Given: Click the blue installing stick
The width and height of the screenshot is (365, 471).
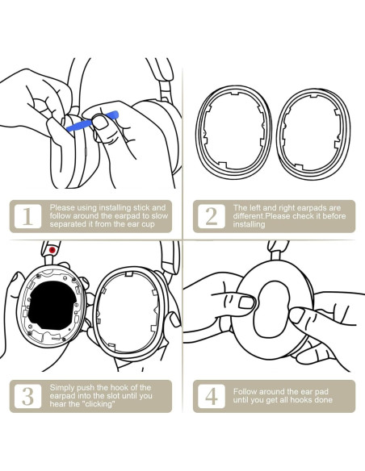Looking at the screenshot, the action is click(92, 121).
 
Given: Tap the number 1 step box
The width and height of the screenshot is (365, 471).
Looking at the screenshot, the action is click(27, 216).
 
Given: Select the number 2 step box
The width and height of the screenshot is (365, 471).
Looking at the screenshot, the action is click(212, 216).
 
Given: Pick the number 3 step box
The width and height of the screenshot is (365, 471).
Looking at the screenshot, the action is click(27, 396).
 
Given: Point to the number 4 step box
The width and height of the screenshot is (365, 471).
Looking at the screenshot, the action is click(212, 396).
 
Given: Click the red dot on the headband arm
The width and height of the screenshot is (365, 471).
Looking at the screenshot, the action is click(52, 250).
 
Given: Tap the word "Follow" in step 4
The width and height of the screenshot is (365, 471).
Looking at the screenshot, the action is click(245, 392).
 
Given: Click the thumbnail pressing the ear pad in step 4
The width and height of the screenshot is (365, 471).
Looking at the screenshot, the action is click(247, 302).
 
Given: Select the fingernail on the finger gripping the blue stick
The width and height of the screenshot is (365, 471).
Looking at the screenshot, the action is click(101, 123).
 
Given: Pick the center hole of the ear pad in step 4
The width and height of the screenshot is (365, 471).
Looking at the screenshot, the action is click(271, 309).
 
